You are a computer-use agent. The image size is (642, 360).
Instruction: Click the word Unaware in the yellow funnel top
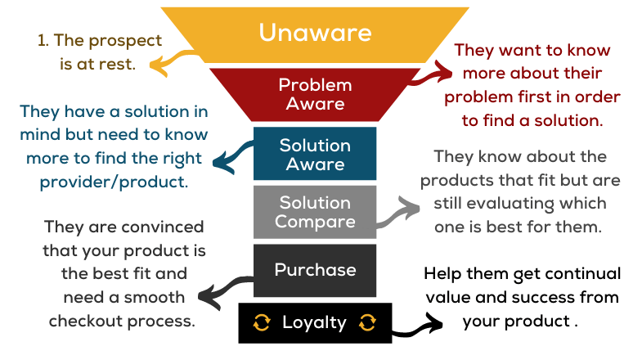pyautogui.click(x=315, y=33)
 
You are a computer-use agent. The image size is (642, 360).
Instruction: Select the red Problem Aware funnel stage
pyautogui.click(x=315, y=94)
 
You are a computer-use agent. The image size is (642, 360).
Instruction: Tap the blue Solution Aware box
pyautogui.click(x=315, y=155)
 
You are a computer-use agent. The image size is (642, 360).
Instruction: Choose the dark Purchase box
pyautogui.click(x=315, y=270)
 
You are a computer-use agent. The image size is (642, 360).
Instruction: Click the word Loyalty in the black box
pyautogui.click(x=314, y=322)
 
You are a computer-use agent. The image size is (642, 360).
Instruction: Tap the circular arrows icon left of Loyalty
pyautogui.click(x=262, y=322)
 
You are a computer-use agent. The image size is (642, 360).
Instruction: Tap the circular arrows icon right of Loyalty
pyautogui.click(x=367, y=322)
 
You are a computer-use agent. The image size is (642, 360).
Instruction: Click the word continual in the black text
pyautogui.click(x=573, y=273)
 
